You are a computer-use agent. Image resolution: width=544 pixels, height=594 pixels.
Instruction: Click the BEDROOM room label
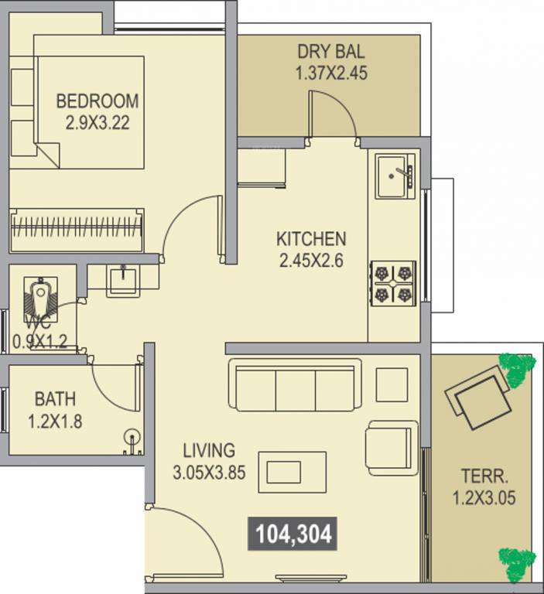click(98, 101)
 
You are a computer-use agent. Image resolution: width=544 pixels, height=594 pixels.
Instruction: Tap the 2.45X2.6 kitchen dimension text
click(311, 261)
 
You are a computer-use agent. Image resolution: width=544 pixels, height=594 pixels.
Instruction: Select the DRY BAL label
click(331, 52)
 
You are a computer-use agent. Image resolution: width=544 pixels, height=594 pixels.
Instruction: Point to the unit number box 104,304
click(293, 534)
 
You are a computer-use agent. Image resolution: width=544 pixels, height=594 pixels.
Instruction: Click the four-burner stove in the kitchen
click(393, 283)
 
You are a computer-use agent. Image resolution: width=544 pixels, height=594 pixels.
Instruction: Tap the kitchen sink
click(394, 176)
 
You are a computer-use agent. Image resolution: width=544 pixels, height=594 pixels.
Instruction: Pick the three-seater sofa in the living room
click(295, 384)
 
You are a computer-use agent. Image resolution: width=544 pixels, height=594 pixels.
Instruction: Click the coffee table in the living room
click(293, 472)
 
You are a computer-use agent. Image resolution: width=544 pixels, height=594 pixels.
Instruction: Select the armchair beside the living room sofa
click(392, 448)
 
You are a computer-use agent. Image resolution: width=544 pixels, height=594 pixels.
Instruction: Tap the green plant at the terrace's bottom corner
click(517, 565)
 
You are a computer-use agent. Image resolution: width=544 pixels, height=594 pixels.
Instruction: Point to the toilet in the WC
click(40, 298)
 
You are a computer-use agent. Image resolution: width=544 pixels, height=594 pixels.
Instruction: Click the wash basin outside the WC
click(123, 280)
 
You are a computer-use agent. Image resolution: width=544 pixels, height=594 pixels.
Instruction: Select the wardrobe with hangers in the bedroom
click(77, 230)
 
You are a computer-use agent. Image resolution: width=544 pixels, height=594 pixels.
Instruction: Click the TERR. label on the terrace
click(484, 476)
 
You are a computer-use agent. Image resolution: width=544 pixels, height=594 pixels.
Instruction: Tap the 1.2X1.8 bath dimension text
click(56, 422)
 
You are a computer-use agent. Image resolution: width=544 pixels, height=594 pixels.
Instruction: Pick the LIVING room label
click(209, 450)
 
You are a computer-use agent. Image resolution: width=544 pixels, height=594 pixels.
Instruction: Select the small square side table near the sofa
click(392, 384)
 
